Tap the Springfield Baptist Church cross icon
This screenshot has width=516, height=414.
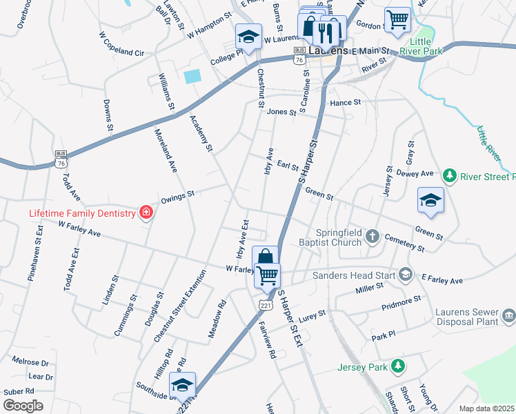coord(373,237)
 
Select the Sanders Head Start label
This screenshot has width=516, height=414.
coord(355,275)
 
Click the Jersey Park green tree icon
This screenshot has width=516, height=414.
coord(397,366)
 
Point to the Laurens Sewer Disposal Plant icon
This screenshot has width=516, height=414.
coord(508,316)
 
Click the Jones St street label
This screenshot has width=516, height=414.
coord(281,112)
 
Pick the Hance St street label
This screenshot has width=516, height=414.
coord(346,102)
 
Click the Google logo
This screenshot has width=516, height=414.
coord(23,406)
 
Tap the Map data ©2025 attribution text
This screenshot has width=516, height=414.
coord(486,408)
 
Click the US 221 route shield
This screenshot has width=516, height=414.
coord(266,304)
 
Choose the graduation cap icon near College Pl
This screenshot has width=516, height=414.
coord(248,36)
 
